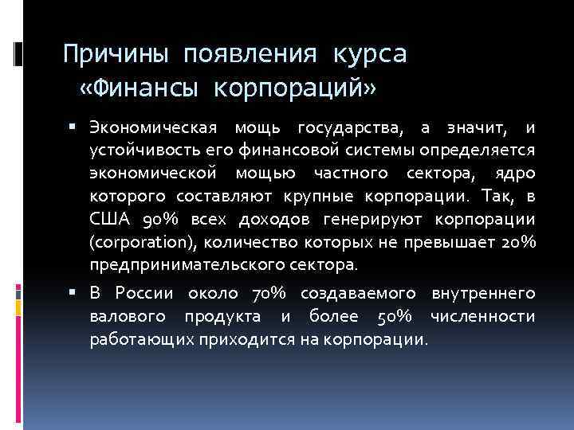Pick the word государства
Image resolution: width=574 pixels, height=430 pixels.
[349, 128]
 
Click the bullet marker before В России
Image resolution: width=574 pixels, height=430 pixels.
[73, 293]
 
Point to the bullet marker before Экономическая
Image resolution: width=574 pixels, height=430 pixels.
[73, 127]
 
